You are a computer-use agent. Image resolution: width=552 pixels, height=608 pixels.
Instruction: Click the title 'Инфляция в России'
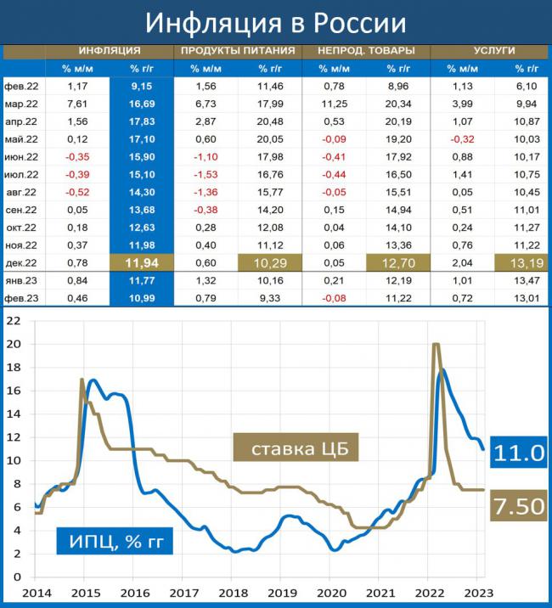click(x=275, y=21)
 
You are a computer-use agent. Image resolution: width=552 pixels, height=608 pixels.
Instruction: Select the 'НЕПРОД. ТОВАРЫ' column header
click(x=367, y=51)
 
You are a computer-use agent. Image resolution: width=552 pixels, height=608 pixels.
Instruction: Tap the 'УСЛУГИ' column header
click(x=494, y=51)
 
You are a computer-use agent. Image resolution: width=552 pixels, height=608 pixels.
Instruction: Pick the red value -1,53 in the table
click(x=206, y=173)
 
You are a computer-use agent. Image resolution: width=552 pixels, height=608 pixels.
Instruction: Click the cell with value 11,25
click(x=335, y=104)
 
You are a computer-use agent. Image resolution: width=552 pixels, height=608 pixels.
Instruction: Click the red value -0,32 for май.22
click(x=463, y=139)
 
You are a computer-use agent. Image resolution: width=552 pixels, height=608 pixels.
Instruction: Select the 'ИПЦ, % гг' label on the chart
click(x=114, y=540)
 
